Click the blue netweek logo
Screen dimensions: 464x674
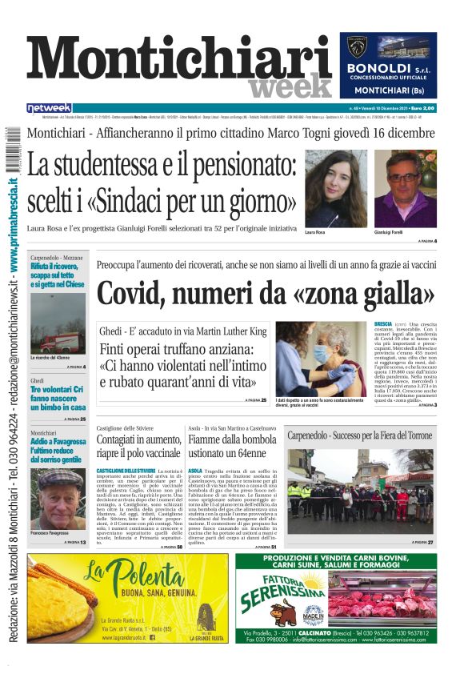point(49,108)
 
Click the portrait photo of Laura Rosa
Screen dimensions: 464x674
point(335,189)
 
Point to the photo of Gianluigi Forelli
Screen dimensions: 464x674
point(405,189)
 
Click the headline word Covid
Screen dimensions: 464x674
point(134,293)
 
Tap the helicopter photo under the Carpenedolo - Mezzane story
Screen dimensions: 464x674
point(57,323)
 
